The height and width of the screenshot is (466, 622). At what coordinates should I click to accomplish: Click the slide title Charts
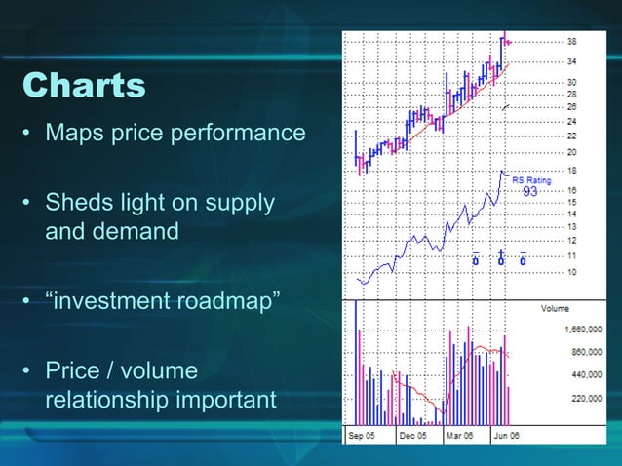pos(84,86)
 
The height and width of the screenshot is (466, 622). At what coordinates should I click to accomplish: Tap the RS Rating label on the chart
pos(531,180)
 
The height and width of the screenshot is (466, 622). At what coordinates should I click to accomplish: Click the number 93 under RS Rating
pos(530,192)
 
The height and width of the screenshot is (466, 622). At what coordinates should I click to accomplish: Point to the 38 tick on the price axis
pos(571,42)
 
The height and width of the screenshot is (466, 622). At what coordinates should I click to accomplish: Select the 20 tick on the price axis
pos(571,152)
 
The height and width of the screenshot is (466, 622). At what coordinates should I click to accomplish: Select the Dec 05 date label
pos(413,436)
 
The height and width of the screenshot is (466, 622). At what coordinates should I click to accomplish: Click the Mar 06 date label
pos(460,436)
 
